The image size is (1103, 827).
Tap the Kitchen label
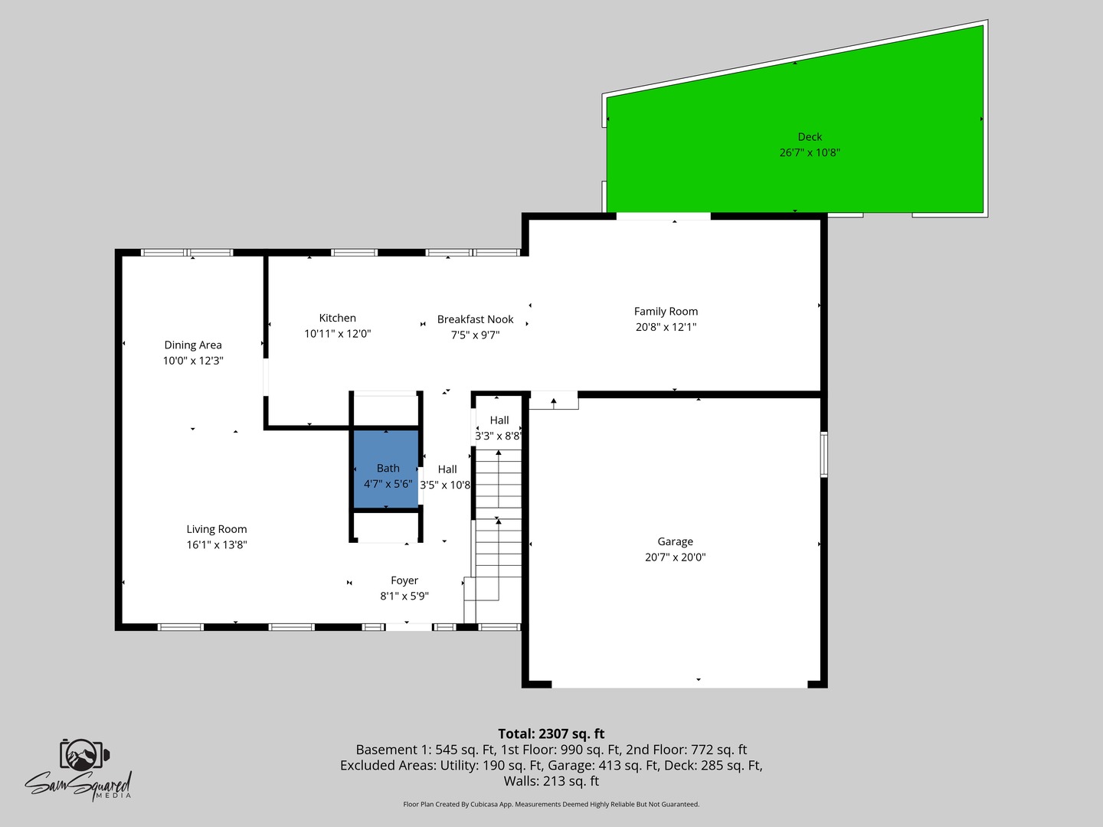click(x=338, y=318)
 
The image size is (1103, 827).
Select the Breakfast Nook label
click(x=475, y=319)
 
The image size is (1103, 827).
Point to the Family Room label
click(x=666, y=311)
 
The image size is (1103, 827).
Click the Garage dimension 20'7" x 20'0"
click(x=675, y=557)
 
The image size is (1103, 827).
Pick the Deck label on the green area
click(x=810, y=137)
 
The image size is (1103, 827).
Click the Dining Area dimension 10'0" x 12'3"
click(x=193, y=361)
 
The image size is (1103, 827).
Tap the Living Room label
click(x=217, y=529)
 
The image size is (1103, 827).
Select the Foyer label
click(x=404, y=580)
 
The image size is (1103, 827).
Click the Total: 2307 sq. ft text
click(x=551, y=734)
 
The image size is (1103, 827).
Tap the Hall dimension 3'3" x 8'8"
click(x=498, y=436)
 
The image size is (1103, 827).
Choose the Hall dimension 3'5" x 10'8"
click(x=445, y=485)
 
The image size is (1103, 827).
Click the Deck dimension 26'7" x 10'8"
click(x=810, y=152)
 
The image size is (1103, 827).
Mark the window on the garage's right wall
click(x=824, y=454)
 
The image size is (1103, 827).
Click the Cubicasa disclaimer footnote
click(x=551, y=804)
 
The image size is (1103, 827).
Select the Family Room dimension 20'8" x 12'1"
click(x=666, y=327)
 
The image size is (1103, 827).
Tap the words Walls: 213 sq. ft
click(x=551, y=781)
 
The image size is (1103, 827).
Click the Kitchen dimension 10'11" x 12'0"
click(x=338, y=334)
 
